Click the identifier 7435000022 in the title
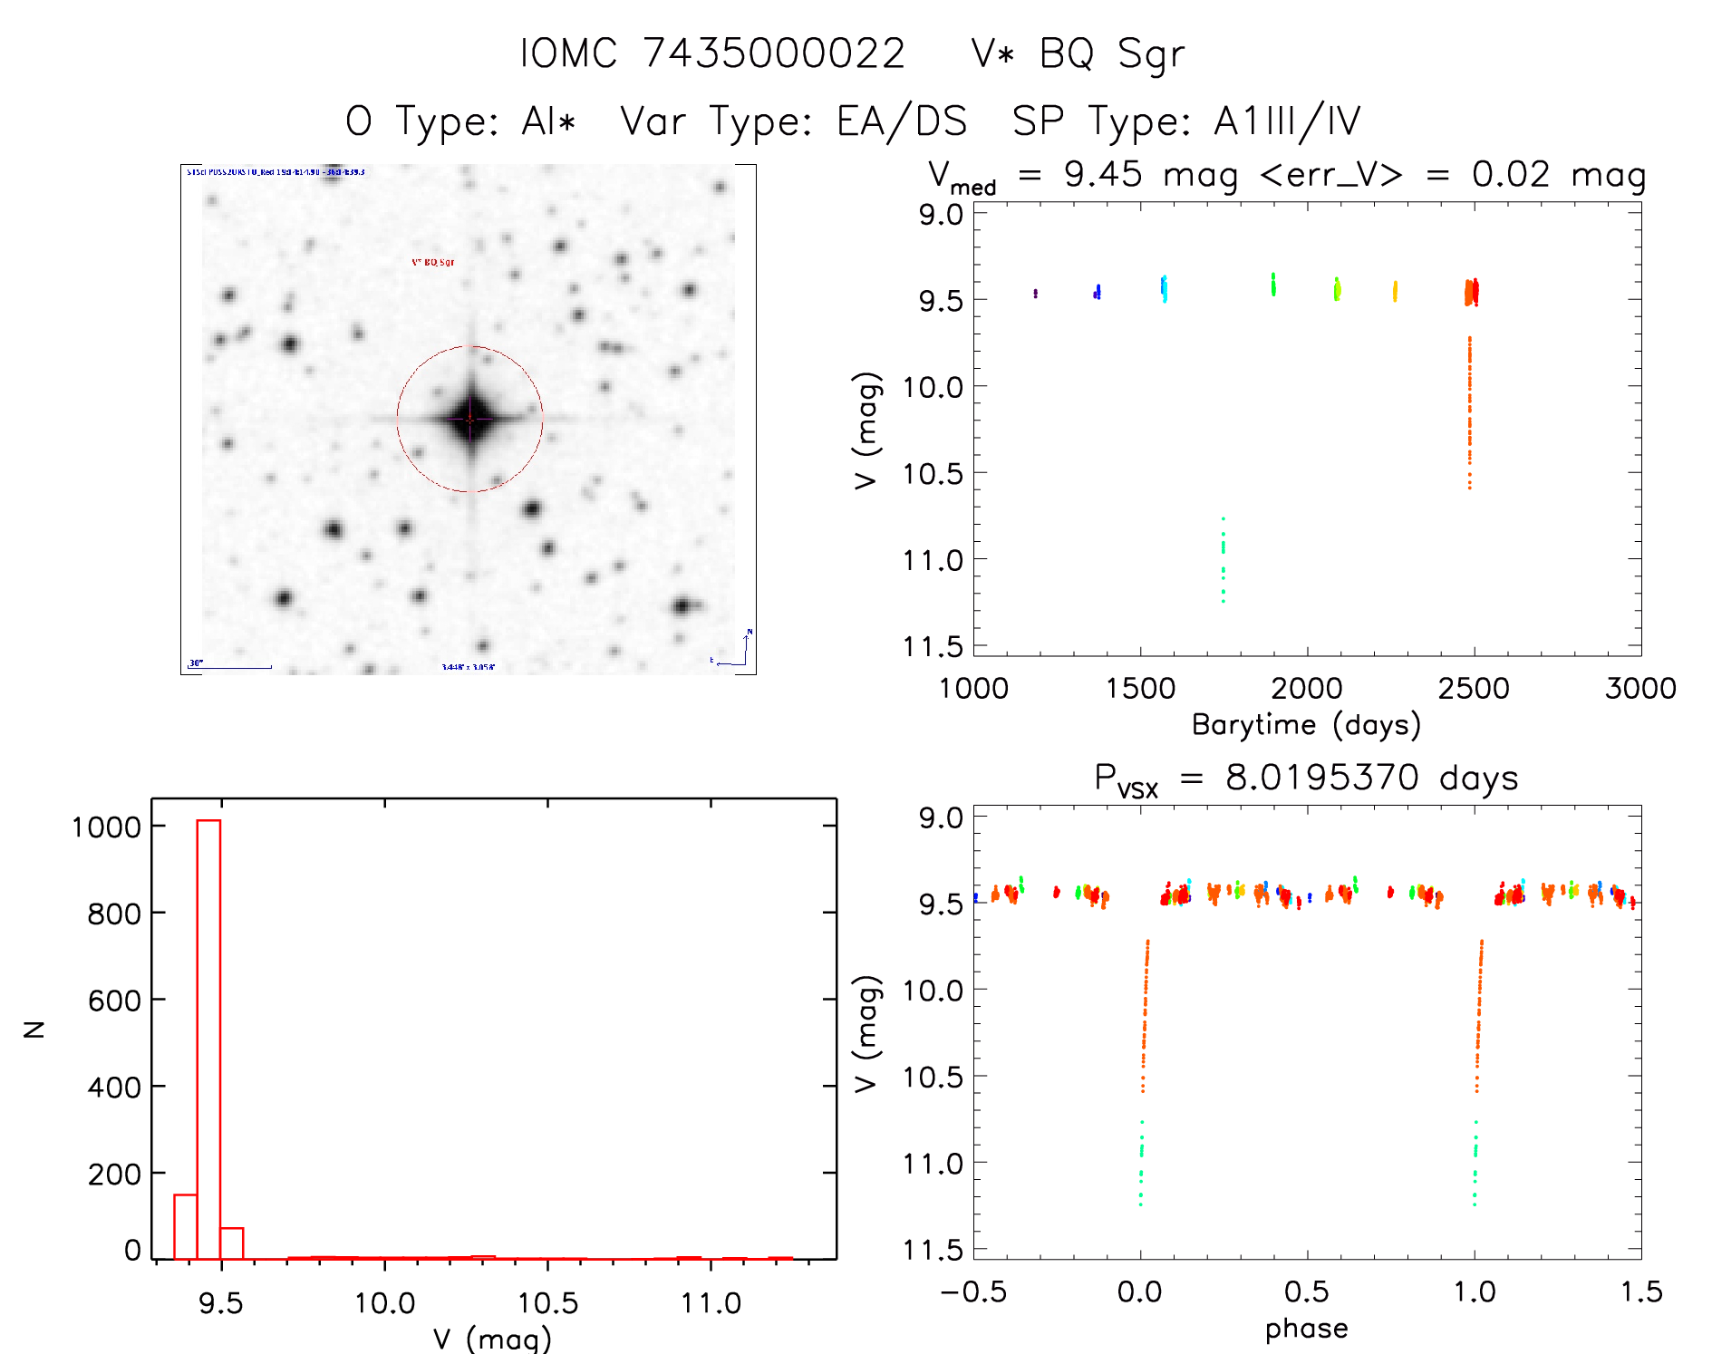774,53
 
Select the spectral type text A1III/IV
1287,121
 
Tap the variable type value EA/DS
902,121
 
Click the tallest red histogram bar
208,1039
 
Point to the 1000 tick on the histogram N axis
107,827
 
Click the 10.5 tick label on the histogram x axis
547,1303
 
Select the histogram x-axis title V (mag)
491,1339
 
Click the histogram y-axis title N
34,1029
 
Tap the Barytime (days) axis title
1306,725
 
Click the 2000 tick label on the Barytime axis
1306,689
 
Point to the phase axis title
1306,1329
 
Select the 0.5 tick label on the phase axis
1306,1292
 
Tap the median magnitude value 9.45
1102,174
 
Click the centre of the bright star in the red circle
469,419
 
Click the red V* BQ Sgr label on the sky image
433,263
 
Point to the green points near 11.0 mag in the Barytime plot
1223,559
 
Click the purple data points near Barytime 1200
1035,294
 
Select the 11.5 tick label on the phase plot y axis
932,1251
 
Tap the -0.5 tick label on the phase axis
973,1292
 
